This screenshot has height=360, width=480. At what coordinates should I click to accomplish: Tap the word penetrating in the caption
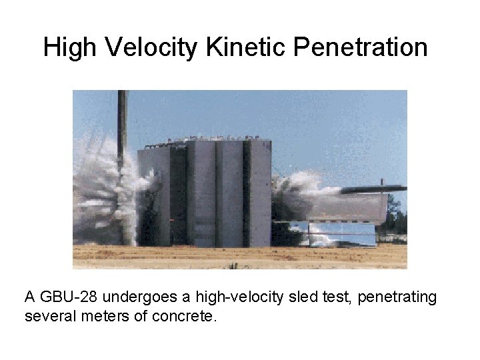[397, 297]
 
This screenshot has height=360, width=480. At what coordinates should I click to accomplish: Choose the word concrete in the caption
[184, 316]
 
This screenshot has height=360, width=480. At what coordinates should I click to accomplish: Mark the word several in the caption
[48, 316]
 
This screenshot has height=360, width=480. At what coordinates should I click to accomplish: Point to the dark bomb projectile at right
[373, 189]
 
